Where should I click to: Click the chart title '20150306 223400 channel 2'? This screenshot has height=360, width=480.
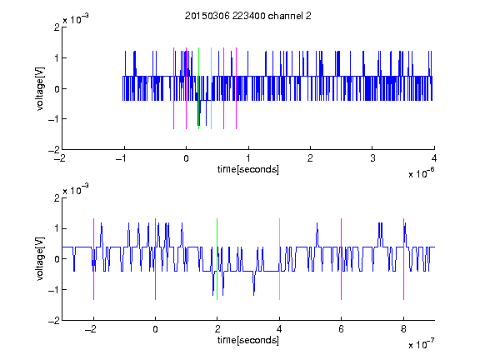pos(248,16)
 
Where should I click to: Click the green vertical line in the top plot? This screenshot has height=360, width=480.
pos(198,88)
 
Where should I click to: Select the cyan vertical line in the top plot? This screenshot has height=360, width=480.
pos(211,88)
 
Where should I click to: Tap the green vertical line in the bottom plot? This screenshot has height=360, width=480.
pos(217,259)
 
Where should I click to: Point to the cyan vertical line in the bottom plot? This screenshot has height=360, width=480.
pos(279,259)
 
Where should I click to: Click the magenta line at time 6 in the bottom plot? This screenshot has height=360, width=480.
pos(342,259)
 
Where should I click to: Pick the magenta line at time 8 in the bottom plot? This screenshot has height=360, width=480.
pos(404,259)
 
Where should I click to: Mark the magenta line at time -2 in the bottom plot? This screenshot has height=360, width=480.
pos(93,259)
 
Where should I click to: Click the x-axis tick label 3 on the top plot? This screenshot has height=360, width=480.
pos(372,158)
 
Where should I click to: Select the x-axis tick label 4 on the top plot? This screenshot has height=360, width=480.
pos(434,158)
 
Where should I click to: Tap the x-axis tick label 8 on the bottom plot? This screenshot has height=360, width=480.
pos(403,329)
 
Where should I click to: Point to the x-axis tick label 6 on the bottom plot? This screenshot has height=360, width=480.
pos(342,329)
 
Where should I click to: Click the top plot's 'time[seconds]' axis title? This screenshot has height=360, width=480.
pos(248,169)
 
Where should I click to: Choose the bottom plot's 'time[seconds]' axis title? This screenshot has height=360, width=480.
pos(248,340)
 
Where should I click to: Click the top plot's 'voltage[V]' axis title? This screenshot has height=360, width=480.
pos(40,88)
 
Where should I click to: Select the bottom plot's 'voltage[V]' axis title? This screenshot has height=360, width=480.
pos(40,258)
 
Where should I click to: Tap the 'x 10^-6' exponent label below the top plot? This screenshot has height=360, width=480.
pos(421,173)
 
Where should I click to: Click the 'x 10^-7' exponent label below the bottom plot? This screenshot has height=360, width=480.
pos(421,344)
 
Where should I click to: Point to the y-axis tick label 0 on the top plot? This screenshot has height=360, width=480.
pos(57,89)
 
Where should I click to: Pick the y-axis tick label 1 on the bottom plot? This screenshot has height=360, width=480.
pos(57,228)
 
